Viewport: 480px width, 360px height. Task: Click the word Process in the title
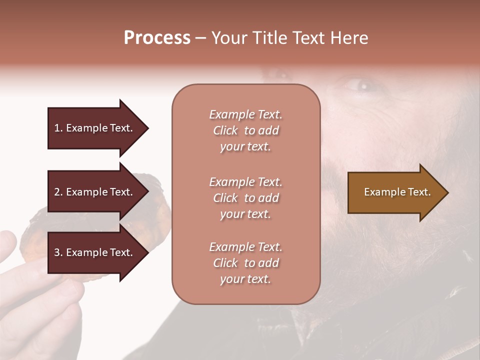[157, 38]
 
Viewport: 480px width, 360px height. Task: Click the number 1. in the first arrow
[58, 128]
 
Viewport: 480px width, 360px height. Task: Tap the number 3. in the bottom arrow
[58, 252]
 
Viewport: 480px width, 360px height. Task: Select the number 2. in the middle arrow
[58, 192]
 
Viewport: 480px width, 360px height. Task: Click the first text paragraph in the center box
[245, 130]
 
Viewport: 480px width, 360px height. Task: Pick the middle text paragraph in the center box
[245, 198]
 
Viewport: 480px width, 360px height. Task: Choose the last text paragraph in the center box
[245, 263]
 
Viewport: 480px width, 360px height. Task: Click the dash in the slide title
[201, 38]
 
